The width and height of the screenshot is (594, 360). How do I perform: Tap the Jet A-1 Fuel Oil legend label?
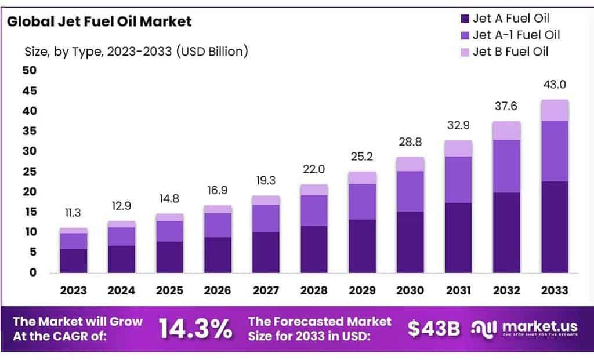coord(516,35)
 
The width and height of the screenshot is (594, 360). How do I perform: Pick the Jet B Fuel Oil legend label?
coord(510,52)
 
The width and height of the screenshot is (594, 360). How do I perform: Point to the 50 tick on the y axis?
coord(29,71)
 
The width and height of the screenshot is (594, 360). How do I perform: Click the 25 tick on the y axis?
coord(29,172)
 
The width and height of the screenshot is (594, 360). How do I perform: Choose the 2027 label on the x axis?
coord(266,290)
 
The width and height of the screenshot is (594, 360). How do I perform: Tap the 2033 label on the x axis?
coord(555,290)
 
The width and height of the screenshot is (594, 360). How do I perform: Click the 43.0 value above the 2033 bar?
coord(555,85)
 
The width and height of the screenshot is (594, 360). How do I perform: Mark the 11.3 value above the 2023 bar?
coord(73,212)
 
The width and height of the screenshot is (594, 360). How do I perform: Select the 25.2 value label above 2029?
coord(362,157)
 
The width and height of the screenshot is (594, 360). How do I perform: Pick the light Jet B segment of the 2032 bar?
coord(506,130)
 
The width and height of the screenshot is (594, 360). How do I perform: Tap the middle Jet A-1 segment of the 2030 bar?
coord(410,191)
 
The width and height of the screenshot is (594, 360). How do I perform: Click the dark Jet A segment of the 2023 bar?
coord(73,261)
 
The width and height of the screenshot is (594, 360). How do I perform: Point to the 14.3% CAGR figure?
coord(195,329)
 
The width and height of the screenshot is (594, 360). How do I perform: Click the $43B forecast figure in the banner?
coord(433,329)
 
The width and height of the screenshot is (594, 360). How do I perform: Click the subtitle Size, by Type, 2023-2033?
coord(136,51)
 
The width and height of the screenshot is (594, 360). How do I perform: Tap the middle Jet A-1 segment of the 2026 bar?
coord(218,225)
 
